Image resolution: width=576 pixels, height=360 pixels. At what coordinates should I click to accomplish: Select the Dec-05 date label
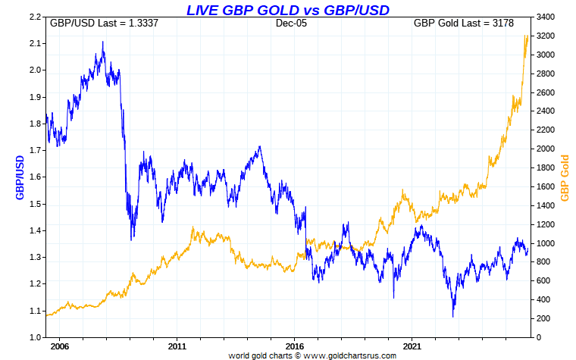(x=290, y=23)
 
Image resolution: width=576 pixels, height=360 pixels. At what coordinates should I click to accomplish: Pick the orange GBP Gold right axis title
(x=564, y=177)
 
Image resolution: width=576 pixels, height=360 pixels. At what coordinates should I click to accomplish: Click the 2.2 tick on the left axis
(x=35, y=17)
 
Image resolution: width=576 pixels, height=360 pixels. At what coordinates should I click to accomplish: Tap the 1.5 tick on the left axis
(x=35, y=204)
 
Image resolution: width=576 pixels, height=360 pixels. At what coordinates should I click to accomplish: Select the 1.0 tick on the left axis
(x=35, y=337)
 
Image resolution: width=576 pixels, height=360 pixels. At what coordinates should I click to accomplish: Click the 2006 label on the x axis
(x=59, y=346)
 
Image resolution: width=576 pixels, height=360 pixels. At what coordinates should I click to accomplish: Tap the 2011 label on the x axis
(x=177, y=346)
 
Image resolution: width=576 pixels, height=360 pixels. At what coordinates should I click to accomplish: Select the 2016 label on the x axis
(x=294, y=346)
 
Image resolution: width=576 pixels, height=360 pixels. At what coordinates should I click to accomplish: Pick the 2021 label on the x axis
(x=412, y=346)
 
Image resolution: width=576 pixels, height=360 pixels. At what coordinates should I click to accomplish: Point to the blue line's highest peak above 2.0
(x=103, y=42)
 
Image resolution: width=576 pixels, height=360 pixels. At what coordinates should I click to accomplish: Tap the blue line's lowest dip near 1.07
(x=453, y=316)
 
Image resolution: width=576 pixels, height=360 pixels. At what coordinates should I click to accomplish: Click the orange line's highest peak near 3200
(x=527, y=35)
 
